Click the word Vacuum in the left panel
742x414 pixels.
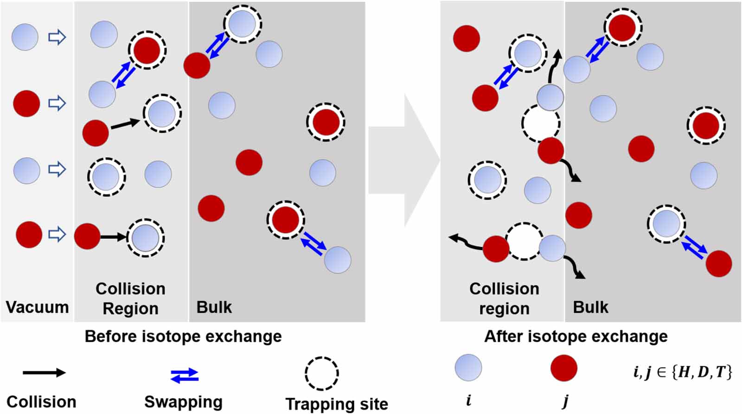37,307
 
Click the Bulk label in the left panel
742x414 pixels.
214,307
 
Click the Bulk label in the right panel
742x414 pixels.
590,307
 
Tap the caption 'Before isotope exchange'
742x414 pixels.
183,336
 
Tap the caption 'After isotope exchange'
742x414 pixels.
576,336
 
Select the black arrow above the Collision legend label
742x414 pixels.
44,372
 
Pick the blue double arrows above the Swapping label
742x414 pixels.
185,375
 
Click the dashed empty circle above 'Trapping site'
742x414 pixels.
321,373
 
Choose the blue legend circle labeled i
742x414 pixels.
468,368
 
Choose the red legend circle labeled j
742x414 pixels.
563,368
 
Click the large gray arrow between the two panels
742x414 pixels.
403,160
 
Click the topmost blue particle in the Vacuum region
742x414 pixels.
25,37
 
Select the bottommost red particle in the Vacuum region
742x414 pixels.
29,235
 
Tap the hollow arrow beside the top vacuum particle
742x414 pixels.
57,37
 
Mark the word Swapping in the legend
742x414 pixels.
183,401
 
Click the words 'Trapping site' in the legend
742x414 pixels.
337,404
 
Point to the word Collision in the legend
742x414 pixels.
41,401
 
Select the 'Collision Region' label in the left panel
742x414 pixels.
130,298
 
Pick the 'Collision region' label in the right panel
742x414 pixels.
504,298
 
